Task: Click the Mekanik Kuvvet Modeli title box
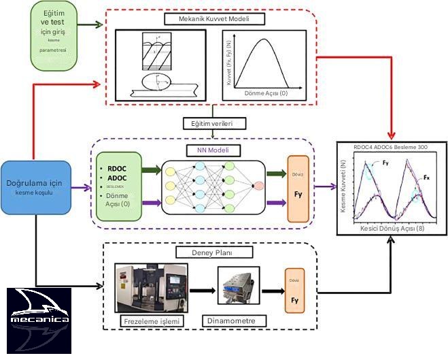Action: (213, 19)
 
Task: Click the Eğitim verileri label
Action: (213, 124)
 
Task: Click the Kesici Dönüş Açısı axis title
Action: (392, 229)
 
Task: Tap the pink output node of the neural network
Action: (258, 186)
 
